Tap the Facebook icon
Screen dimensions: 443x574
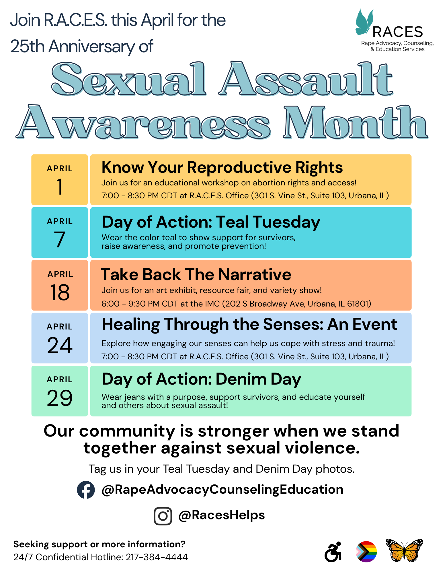(86, 490)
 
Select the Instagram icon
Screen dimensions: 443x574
(163, 516)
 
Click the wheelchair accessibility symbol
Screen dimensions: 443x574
(333, 552)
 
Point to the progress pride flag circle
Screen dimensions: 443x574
(366, 552)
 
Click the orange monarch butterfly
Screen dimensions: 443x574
(404, 550)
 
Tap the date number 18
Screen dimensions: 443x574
(60, 292)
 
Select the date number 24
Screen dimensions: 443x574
(60, 345)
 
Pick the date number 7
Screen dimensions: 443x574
(60, 240)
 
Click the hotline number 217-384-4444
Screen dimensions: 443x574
(157, 557)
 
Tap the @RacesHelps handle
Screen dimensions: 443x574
(221, 515)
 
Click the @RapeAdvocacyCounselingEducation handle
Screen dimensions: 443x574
(223, 490)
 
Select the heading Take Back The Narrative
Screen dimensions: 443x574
(196, 274)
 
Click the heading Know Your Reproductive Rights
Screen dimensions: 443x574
(222, 168)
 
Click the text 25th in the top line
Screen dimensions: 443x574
(28, 46)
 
